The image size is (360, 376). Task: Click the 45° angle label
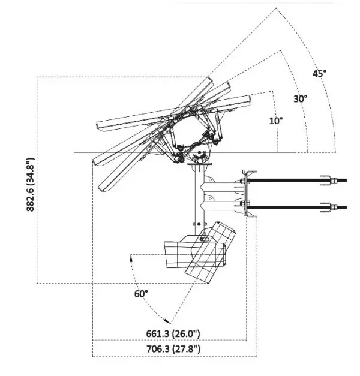(319, 74)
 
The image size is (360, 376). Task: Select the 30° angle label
(300, 98)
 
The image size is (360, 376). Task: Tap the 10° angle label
(275, 121)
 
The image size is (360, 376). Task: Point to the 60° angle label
(142, 294)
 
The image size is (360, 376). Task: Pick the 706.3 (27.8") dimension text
(173, 348)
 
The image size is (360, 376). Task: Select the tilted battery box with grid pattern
(210, 252)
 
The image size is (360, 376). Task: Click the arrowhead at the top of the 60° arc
(131, 258)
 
